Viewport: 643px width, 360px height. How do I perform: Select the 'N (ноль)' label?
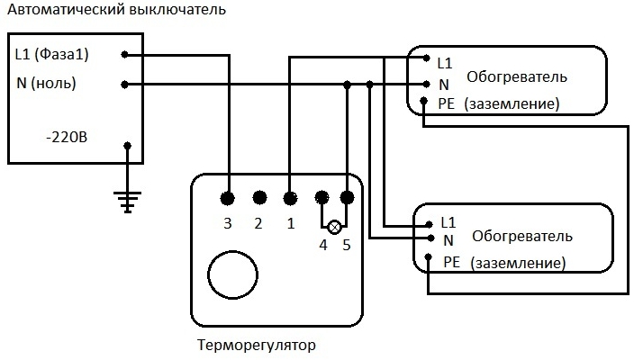coord(46,84)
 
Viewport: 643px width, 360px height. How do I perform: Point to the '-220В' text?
coord(67,139)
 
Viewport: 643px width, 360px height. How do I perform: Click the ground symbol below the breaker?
coord(128,202)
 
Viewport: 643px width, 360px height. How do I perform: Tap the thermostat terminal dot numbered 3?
coord(228,197)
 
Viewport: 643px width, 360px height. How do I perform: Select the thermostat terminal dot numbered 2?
coord(259,197)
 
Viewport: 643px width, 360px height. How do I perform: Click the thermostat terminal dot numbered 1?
coord(290,197)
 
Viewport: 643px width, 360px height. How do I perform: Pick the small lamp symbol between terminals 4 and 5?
coord(334,226)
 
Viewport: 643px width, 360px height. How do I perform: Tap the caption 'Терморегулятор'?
coord(257,345)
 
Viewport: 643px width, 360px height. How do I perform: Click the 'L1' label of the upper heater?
coord(444,63)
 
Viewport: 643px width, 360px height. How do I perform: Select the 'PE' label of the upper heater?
coord(447,103)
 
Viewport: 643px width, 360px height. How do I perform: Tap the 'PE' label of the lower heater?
coord(451,262)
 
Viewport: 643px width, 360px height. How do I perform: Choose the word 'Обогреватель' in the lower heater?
coord(521,236)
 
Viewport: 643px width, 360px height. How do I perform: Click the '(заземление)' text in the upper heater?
coord(512,104)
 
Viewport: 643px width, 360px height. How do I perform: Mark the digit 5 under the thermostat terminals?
coord(346,246)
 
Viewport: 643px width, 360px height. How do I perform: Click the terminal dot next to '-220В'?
coord(128,145)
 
